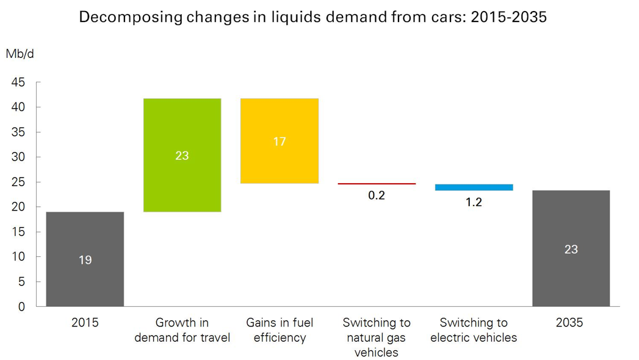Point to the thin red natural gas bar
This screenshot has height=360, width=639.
[x=377, y=183]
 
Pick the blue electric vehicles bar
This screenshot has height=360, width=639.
[x=474, y=187]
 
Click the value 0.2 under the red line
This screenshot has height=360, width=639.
[x=377, y=196]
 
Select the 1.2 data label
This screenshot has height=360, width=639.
[x=474, y=203]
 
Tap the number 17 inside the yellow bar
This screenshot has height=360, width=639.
[x=280, y=142]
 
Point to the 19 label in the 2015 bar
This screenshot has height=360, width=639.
[x=85, y=261]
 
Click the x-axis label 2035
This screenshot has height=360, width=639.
[x=571, y=323]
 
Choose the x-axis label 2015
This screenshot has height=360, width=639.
[x=85, y=323]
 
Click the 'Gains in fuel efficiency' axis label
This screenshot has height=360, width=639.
[x=280, y=330]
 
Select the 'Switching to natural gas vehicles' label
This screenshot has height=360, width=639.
[x=377, y=337]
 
